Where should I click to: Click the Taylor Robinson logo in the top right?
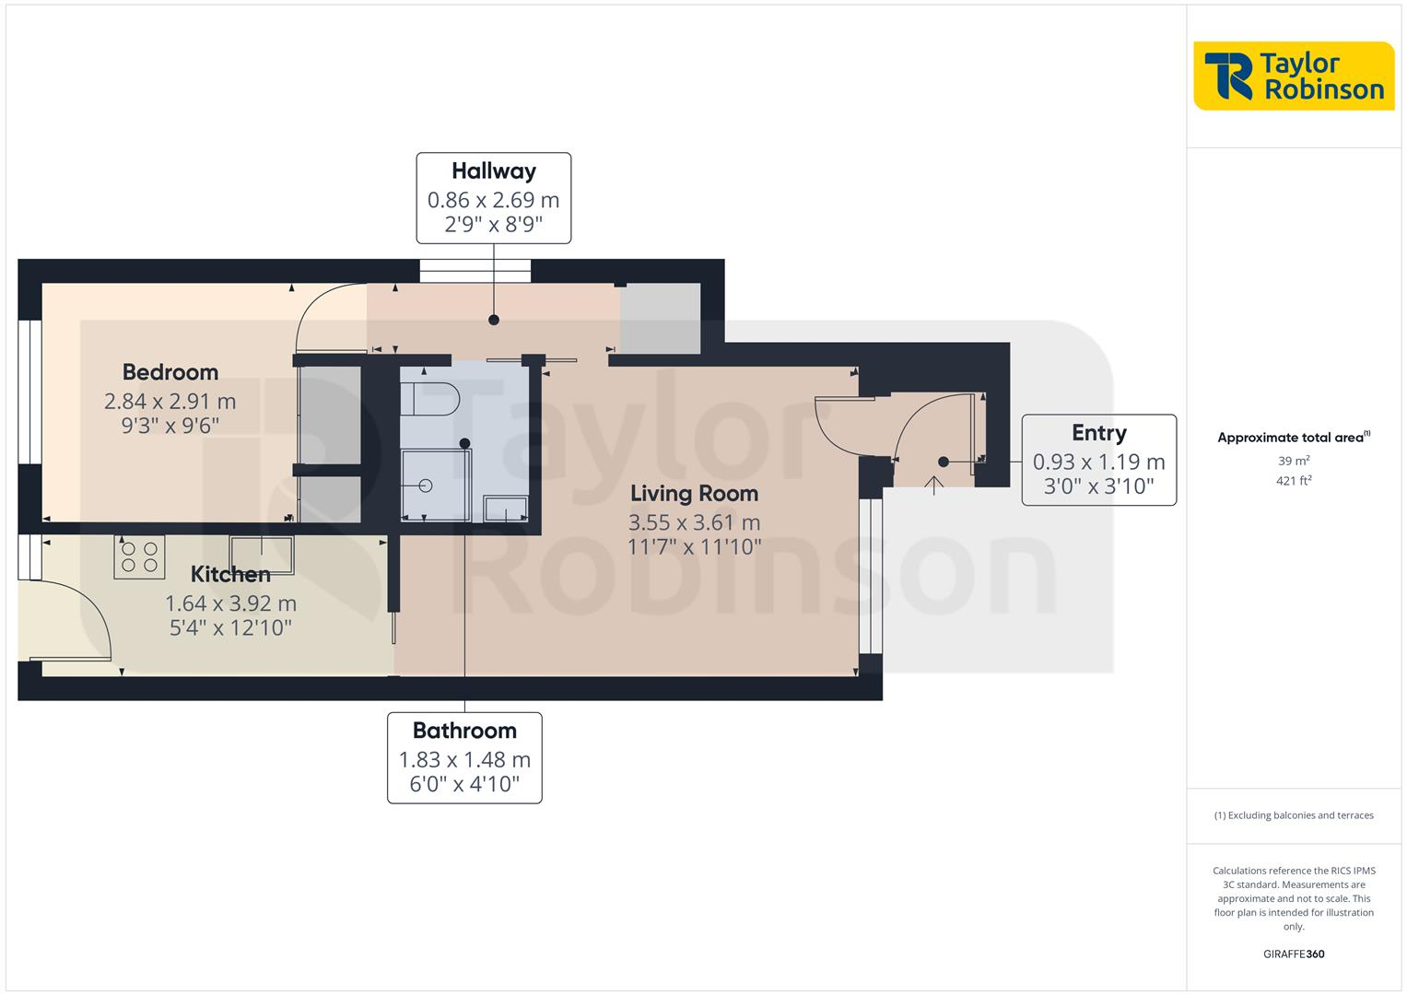point(1294,76)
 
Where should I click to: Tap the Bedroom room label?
point(170,372)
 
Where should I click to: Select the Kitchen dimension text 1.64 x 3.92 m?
point(230,603)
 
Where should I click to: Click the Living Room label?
point(694,494)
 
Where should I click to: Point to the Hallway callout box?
point(494,198)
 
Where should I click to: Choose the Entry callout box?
point(1098,460)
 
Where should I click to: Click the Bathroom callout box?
point(464,757)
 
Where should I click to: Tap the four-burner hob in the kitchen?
point(139,556)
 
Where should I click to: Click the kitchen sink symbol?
point(262,555)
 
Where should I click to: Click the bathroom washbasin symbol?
point(506,508)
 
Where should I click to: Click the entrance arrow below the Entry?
point(934,485)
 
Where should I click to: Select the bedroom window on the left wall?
point(29,392)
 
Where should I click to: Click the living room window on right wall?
point(870,576)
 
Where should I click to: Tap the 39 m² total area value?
point(1294,461)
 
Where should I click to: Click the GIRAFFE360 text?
point(1294,954)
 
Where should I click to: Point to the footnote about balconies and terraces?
point(1294,815)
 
